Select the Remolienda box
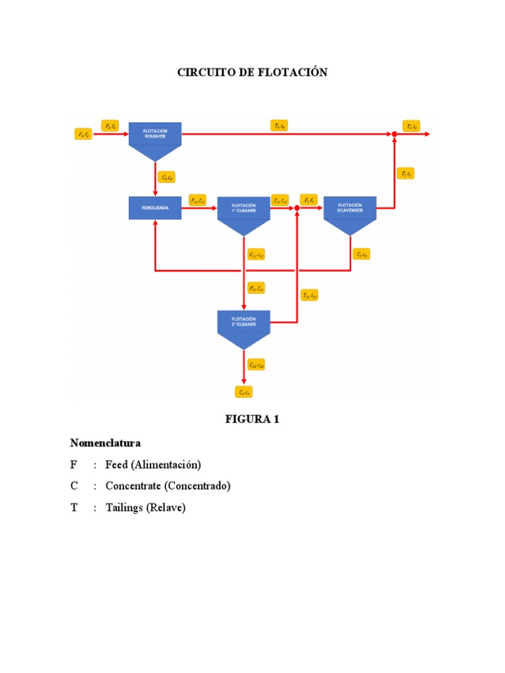pyautogui.click(x=155, y=208)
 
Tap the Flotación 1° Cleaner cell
pyautogui.click(x=243, y=209)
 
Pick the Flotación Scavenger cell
pyautogui.click(x=350, y=209)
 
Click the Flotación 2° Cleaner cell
pyautogui.click(x=243, y=323)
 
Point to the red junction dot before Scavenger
pyautogui.click(x=297, y=208)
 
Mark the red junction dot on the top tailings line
pyautogui.click(x=394, y=134)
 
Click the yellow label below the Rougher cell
pyautogui.click(x=168, y=177)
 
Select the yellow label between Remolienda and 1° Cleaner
pyautogui.click(x=198, y=199)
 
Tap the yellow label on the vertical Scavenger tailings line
pyautogui.click(x=406, y=174)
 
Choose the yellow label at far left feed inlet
pyautogui.click(x=85, y=134)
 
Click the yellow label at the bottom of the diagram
pyautogui.click(x=243, y=392)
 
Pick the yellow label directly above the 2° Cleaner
pyautogui.click(x=256, y=288)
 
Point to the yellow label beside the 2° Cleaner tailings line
pyautogui.click(x=310, y=296)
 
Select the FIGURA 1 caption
pyautogui.click(x=252, y=419)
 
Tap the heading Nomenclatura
pyautogui.click(x=105, y=443)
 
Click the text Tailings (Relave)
pyautogui.click(x=145, y=507)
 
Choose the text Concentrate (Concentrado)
pyautogui.click(x=168, y=486)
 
